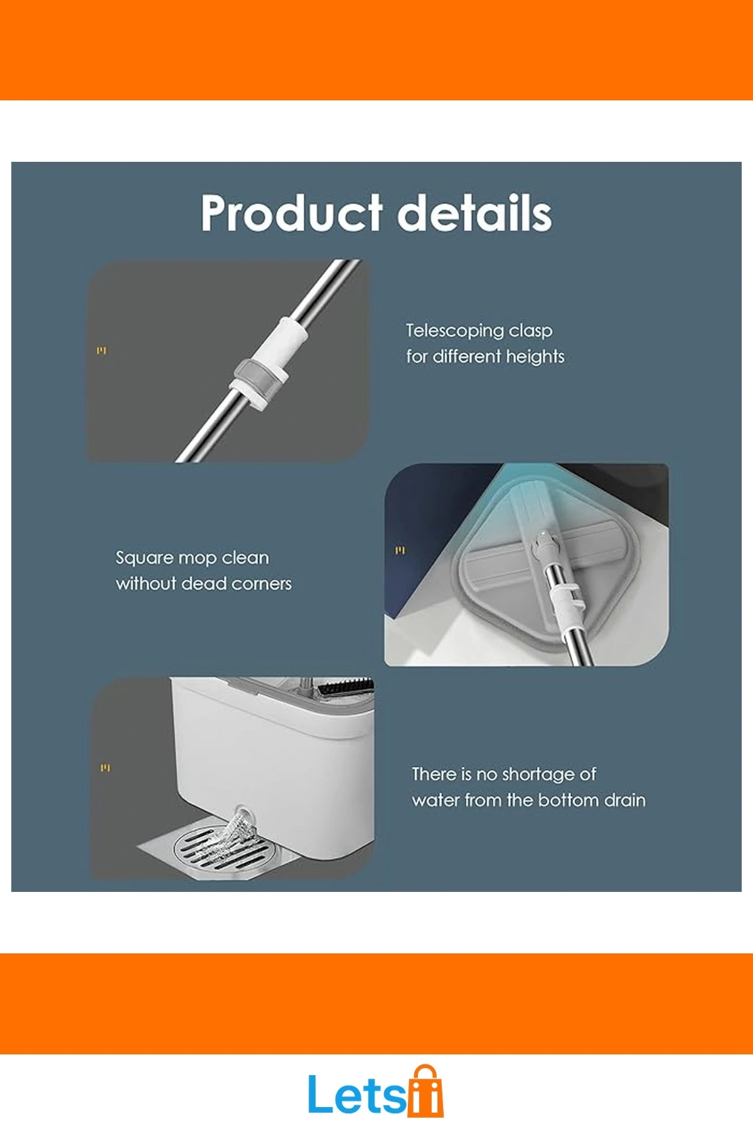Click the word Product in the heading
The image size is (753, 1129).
coord(291,213)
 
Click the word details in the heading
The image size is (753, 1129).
coord(475,213)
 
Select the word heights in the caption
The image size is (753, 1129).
coord(535,357)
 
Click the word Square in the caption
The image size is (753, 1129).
coord(144,558)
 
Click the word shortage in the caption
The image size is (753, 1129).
coord(538,775)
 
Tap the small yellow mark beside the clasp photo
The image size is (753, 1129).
coord(102,351)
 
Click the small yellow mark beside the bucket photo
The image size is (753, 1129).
coord(105,768)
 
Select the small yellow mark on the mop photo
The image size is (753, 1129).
coord(400,551)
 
